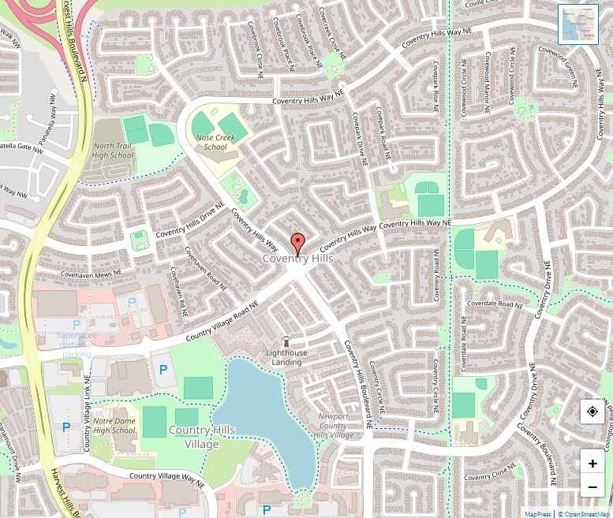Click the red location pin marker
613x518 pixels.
(297, 244)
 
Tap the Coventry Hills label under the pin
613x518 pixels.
(297, 259)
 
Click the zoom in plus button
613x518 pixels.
(592, 463)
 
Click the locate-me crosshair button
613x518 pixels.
(592, 412)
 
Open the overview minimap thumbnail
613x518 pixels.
(578, 24)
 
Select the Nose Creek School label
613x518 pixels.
(215, 142)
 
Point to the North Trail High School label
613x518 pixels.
(113, 151)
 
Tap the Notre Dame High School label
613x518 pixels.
(114, 426)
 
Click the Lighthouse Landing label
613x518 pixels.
(286, 357)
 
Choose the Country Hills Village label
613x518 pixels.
(202, 436)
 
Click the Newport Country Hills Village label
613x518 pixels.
(334, 426)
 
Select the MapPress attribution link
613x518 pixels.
(538, 514)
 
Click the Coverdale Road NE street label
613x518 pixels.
(495, 304)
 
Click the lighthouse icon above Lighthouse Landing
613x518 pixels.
(286, 341)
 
